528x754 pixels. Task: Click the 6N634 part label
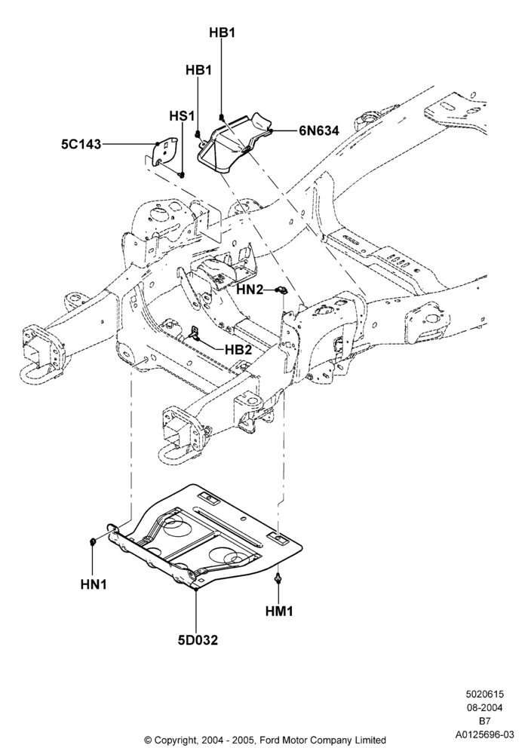(319, 130)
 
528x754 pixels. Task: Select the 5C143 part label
(81, 144)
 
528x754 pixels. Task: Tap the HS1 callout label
(182, 116)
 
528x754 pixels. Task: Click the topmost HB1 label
(223, 32)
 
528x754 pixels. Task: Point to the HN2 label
(250, 290)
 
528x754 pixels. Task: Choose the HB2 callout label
(238, 350)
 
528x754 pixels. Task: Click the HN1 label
(94, 584)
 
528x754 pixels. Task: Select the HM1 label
(279, 611)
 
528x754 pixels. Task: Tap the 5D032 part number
(197, 640)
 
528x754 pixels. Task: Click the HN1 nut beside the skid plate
(93, 542)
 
